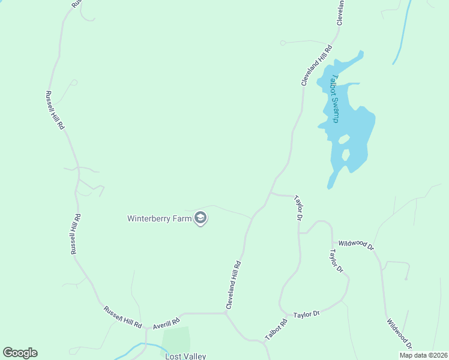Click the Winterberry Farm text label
pyautogui.click(x=160, y=218)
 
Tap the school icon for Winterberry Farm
pyautogui.click(x=201, y=219)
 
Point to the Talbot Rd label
pyautogui.click(x=276, y=329)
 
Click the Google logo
pyautogui.click(x=20, y=353)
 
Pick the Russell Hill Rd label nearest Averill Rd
pyautogui.click(x=122, y=317)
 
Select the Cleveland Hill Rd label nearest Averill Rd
pyautogui.click(x=233, y=285)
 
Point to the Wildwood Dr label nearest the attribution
pyautogui.click(x=399, y=334)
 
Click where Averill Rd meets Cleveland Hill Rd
pyautogui.click(x=225, y=313)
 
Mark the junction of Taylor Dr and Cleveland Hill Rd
pyautogui.click(x=270, y=193)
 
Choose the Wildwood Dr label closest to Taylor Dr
pyautogui.click(x=355, y=244)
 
